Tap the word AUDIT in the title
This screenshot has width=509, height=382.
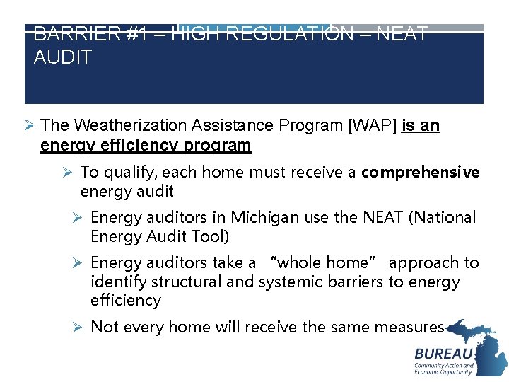click(x=63, y=57)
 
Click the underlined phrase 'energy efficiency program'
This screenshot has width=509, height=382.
click(x=146, y=146)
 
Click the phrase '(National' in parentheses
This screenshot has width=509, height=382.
click(x=443, y=218)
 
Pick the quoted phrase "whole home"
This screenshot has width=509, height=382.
click(x=323, y=263)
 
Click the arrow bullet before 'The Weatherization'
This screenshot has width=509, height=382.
click(x=29, y=126)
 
